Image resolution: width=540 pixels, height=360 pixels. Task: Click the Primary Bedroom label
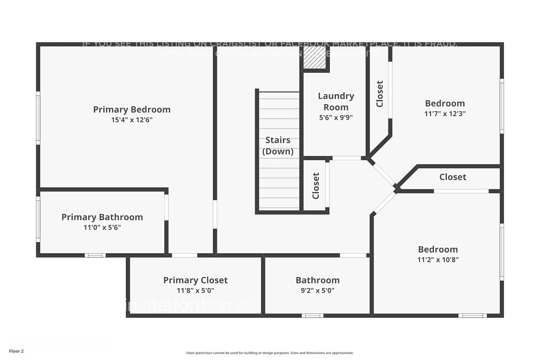pyautogui.click(x=132, y=109)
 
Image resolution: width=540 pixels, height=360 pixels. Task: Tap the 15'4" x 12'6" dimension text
pyautogui.click(x=132, y=120)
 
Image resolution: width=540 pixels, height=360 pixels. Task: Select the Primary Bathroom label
pyautogui.click(x=102, y=217)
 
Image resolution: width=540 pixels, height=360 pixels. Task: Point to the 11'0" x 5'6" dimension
pyautogui.click(x=102, y=228)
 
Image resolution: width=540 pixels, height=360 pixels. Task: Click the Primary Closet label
pyautogui.click(x=195, y=280)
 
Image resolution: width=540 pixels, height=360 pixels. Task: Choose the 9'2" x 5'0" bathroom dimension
pyautogui.click(x=318, y=291)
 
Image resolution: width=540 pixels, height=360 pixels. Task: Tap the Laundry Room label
pyautogui.click(x=336, y=102)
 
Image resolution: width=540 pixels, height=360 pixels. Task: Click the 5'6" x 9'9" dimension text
pyautogui.click(x=336, y=117)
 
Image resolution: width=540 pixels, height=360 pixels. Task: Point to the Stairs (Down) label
pyautogui.click(x=278, y=145)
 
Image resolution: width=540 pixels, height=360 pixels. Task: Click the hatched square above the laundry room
pyautogui.click(x=314, y=57)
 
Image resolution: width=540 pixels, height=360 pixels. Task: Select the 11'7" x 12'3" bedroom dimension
pyautogui.click(x=445, y=114)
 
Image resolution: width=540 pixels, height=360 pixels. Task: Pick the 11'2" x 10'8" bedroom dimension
pyautogui.click(x=438, y=260)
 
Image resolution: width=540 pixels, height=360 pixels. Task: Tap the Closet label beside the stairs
pyautogui.click(x=316, y=186)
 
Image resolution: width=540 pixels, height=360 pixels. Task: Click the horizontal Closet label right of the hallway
pyautogui.click(x=453, y=177)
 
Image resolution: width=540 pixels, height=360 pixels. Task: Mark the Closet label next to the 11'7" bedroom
pyautogui.click(x=379, y=94)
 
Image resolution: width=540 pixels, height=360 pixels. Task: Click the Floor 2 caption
pyautogui.click(x=16, y=351)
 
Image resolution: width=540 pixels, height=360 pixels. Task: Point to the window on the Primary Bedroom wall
pyautogui.click(x=38, y=118)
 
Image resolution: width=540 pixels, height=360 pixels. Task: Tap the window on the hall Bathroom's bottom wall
pyautogui.click(x=312, y=316)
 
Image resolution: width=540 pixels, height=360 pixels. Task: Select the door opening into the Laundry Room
pyautogui.click(x=346, y=158)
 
